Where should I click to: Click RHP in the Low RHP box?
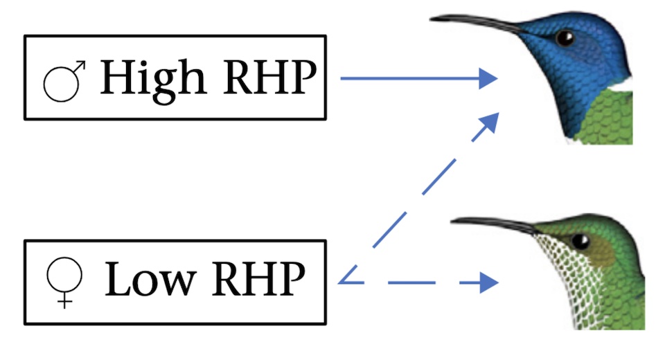[x=260, y=280]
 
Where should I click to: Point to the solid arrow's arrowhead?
[x=489, y=78]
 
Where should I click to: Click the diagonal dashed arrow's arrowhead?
[x=489, y=121]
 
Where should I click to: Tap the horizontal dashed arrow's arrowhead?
[x=489, y=282]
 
